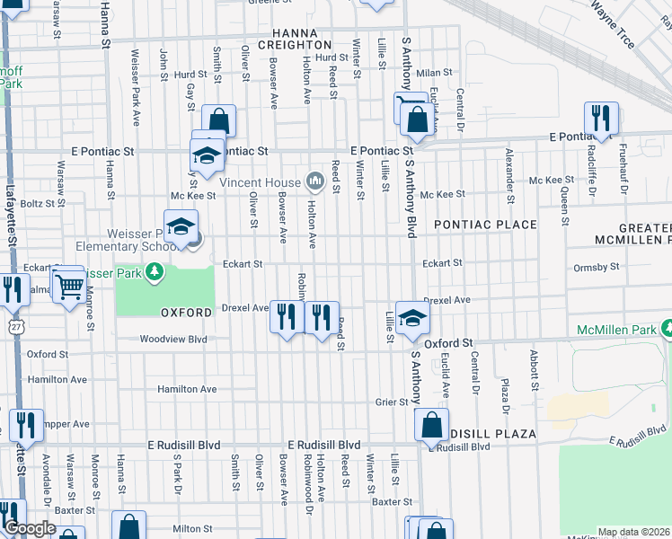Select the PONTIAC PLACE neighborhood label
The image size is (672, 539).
(x=485, y=225)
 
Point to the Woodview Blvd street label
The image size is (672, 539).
(x=173, y=340)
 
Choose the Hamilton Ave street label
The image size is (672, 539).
(x=187, y=389)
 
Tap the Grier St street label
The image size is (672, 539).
(x=392, y=402)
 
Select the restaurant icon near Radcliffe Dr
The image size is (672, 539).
(x=599, y=118)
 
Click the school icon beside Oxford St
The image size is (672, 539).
(x=411, y=318)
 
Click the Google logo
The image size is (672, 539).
(x=29, y=528)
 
